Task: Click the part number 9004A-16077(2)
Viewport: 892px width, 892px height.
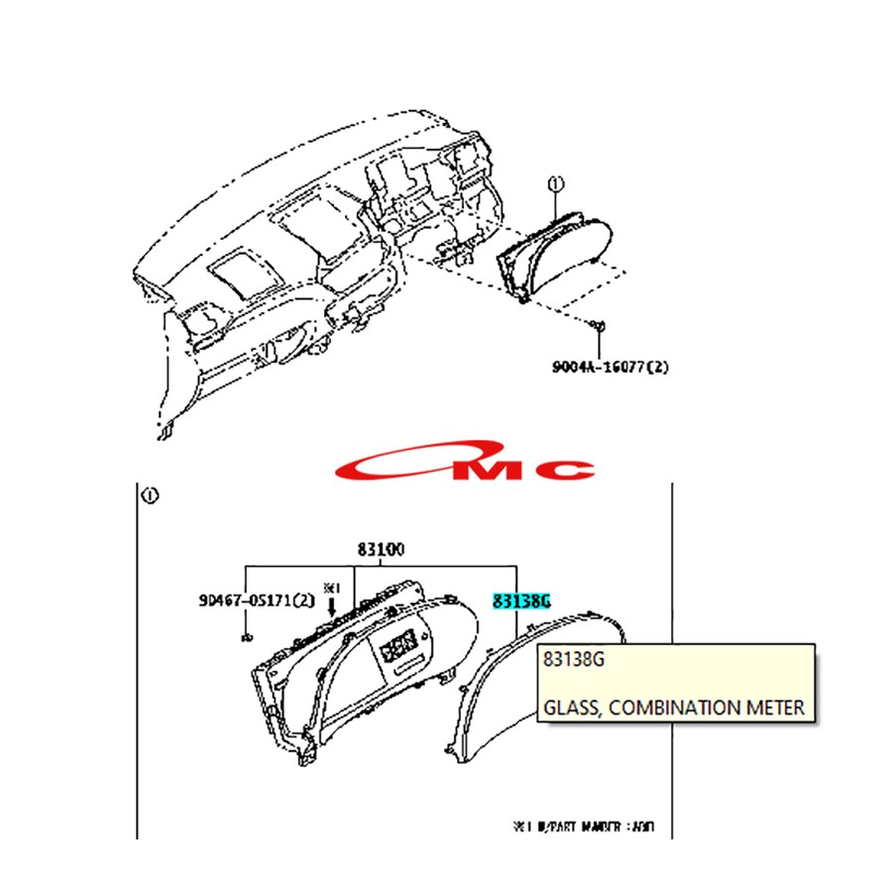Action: pos(612,367)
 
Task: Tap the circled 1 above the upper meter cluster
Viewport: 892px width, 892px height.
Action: pos(555,184)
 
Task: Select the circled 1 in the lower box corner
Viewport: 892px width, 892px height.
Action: pos(149,496)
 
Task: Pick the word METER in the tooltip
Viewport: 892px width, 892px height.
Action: pos(776,708)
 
